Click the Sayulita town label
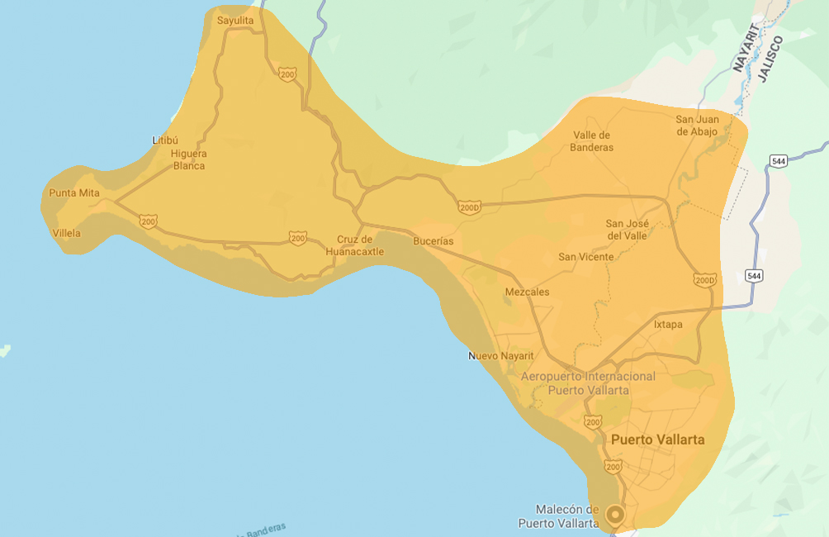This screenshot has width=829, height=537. coord(234,20)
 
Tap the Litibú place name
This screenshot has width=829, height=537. coord(165,140)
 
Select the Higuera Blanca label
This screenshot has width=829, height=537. coord(189,159)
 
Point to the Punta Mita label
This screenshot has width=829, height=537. coord(74,193)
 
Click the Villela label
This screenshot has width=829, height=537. coord(67,233)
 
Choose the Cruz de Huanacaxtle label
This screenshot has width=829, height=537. coord(355,245)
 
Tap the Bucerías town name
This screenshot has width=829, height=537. coord(433,241)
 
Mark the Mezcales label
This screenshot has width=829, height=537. coord(527,292)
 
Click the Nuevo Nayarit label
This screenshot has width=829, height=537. coord(501,356)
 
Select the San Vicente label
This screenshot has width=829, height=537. coord(586,257)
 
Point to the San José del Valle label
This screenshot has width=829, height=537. coord(627,229)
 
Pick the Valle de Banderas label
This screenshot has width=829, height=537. coord(592,141)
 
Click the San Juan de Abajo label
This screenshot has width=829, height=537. coord(697,125)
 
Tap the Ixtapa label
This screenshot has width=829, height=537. coord(668,325)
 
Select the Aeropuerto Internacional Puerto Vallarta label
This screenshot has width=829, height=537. coord(589,383)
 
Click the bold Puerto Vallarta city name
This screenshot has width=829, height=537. coord(657,440)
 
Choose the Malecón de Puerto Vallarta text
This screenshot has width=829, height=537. coord(559,516)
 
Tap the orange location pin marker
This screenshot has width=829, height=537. coord(614,515)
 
